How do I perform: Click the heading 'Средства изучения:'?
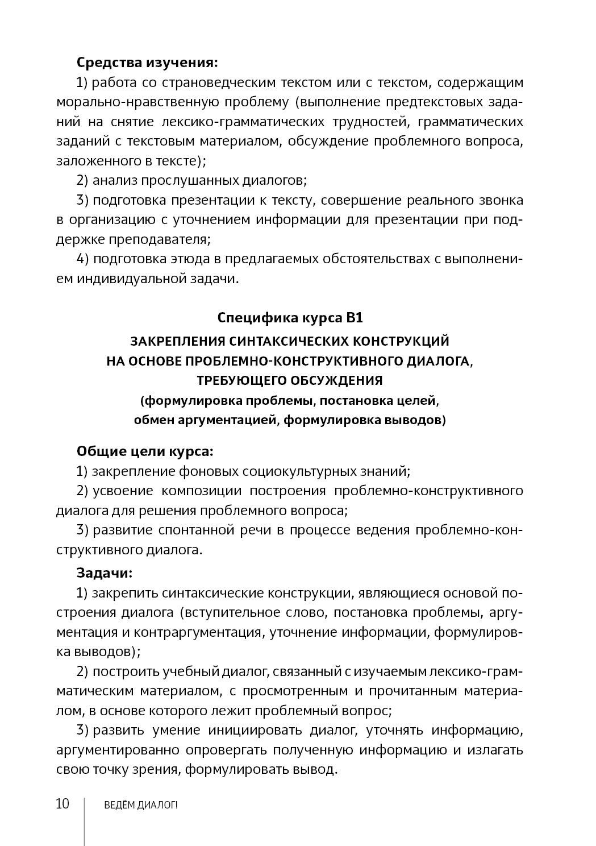[x=147, y=62]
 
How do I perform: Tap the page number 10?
[x=62, y=804]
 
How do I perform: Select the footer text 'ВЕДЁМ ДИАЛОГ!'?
[x=137, y=805]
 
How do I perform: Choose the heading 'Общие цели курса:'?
[x=145, y=451]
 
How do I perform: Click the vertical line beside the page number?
[x=85, y=821]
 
